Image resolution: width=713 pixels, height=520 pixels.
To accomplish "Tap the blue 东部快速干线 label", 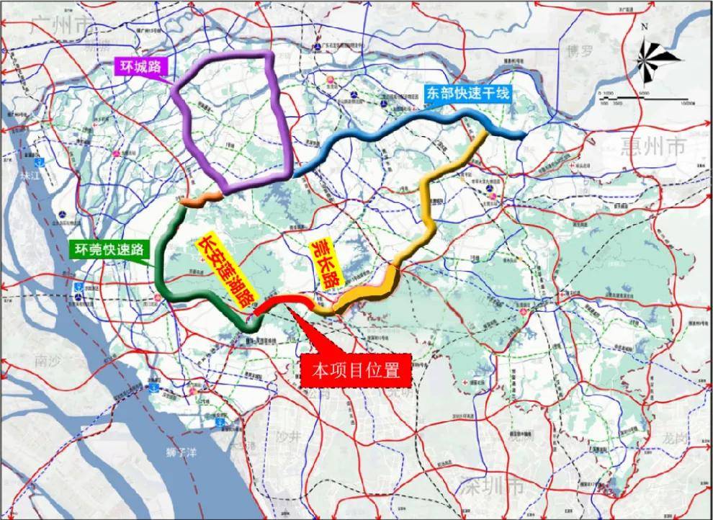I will coord(467,92).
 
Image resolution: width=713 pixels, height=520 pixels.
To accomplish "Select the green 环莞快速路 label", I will coord(107,250).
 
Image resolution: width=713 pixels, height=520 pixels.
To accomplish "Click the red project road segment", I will coord(281,303).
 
